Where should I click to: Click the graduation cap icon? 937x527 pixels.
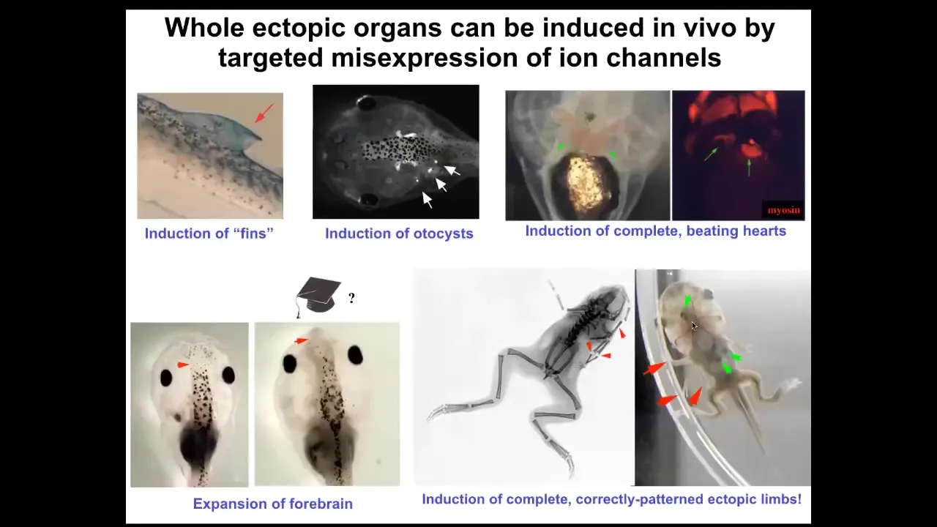(318, 296)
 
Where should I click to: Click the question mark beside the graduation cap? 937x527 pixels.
(351, 298)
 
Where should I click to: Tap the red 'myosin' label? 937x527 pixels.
(783, 210)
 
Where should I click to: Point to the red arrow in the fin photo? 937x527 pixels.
(264, 113)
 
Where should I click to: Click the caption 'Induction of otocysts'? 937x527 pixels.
(399, 233)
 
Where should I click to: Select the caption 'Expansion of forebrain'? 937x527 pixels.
(273, 504)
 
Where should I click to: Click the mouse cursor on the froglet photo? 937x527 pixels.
(695, 326)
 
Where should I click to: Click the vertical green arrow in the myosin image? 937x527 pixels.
(749, 168)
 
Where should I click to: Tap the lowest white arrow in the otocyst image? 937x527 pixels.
(427, 200)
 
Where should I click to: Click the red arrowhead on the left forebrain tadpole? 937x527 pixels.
(182, 365)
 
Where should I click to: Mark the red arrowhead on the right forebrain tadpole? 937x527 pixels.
(301, 341)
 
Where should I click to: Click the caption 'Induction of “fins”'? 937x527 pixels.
(209, 233)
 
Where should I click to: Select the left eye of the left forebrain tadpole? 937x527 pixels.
(166, 378)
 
